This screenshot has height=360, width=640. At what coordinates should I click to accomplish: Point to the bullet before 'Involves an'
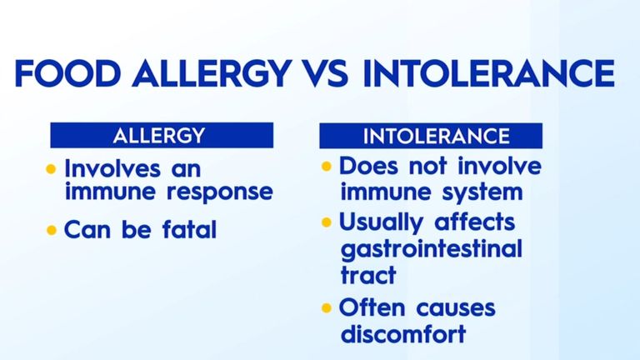(x=52, y=168)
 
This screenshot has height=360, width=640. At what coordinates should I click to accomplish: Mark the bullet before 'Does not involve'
(x=327, y=167)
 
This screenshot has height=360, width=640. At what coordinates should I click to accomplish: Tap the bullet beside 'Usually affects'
(x=327, y=223)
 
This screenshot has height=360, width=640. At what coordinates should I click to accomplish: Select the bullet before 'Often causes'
(x=327, y=309)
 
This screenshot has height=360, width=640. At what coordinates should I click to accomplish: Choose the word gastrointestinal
(x=430, y=249)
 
